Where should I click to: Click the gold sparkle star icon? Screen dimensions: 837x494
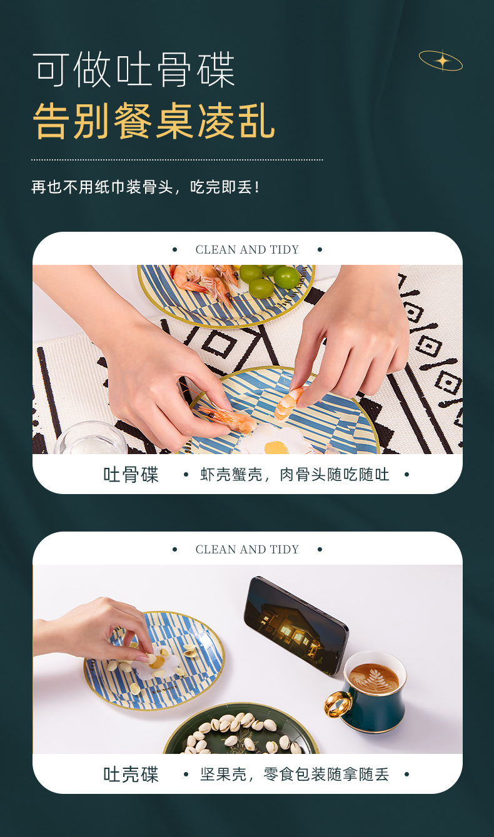coord(441,61)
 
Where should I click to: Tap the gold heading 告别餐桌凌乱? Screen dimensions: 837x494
coord(154,121)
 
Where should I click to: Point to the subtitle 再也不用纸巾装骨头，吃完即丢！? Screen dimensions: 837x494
coord(146,187)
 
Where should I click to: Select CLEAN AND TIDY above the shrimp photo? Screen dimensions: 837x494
coord(247,250)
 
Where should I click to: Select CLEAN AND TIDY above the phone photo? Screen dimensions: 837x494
coord(247,550)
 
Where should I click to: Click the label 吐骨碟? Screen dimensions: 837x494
coord(131,475)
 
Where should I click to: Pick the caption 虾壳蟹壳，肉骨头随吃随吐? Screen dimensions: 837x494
coord(295,475)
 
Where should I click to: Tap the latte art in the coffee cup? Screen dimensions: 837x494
coord(373,677)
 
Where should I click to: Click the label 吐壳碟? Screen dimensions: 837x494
coord(131,775)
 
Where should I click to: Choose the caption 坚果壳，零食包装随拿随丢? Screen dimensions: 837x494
coord(295,775)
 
